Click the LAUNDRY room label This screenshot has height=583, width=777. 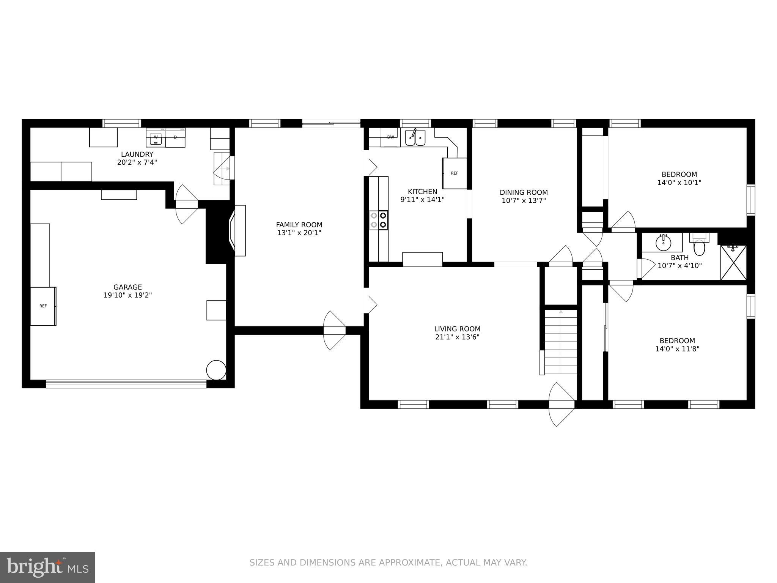pos(137,154)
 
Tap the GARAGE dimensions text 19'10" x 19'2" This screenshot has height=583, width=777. pos(127,295)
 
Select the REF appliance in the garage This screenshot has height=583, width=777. pos(43,306)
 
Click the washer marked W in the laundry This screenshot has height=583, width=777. pos(156,138)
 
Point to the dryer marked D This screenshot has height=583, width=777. pos(175,137)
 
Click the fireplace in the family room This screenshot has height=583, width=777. pos(238,230)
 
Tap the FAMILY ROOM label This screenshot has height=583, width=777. pos(299,225)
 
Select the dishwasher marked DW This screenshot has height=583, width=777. pos(390,137)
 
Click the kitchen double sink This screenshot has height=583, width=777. pos(415,138)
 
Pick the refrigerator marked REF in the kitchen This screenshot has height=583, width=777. pos(455,173)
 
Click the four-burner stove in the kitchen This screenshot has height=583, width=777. pos(379,220)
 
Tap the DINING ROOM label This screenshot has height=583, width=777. pos(524,192)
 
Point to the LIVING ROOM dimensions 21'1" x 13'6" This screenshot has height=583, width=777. pos(457,337)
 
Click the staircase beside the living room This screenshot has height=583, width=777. pos(561,342)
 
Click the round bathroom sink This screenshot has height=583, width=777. pos(663,243)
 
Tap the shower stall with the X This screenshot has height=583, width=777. pos(733,263)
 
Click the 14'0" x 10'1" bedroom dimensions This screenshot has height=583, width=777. pos(679,183)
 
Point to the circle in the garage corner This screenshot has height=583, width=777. pos(216,370)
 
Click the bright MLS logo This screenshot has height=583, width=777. pos(47,567)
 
